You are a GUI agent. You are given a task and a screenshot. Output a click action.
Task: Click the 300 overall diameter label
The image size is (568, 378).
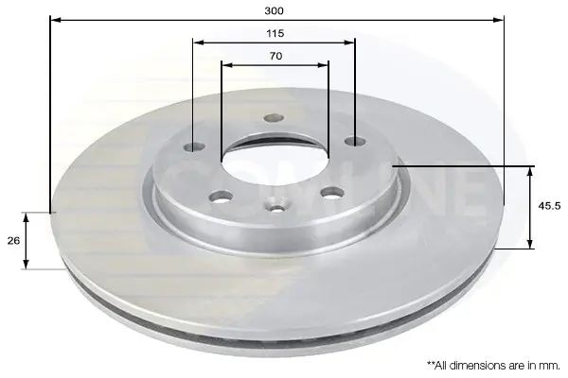(x=274, y=10)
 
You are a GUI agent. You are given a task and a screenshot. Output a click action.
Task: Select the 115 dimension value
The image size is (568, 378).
(x=275, y=34)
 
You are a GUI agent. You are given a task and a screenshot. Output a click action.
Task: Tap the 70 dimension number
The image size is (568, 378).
(x=275, y=56)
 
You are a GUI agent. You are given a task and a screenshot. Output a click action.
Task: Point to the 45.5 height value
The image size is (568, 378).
(x=549, y=206)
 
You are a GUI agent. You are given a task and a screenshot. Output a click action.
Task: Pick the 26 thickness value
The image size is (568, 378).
(x=14, y=241)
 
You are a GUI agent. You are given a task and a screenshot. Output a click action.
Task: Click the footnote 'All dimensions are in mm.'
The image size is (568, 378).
(x=493, y=366)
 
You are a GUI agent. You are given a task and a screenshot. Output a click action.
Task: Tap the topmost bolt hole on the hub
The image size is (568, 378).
(x=274, y=117)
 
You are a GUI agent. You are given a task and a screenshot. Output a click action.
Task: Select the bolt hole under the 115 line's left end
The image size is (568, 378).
(x=194, y=146)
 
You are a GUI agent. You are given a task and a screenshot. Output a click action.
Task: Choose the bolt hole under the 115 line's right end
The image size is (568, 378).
(x=355, y=141)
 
